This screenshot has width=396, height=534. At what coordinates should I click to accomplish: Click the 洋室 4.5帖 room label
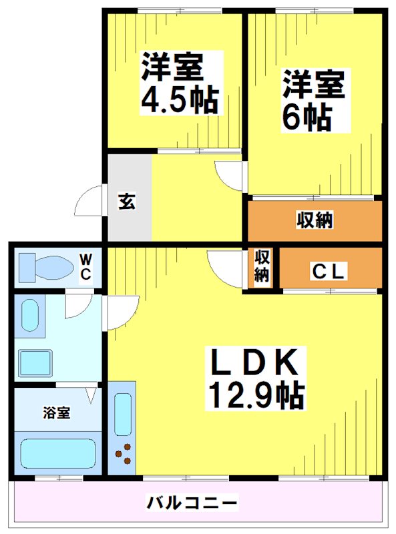[178, 83]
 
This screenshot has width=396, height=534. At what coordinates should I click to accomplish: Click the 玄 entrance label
[127, 202]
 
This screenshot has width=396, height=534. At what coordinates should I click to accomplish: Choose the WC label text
[87, 266]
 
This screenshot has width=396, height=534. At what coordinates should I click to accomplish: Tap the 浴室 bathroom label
[57, 412]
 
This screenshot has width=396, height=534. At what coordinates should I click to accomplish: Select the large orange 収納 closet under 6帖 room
[315, 220]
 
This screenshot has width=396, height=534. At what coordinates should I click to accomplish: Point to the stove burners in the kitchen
[124, 454]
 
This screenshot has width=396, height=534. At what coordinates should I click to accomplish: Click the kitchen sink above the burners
[123, 414]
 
